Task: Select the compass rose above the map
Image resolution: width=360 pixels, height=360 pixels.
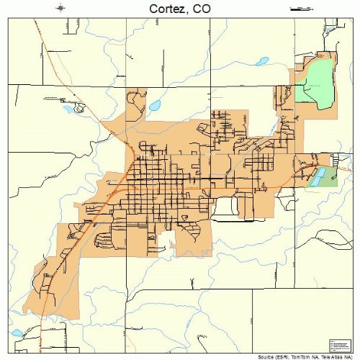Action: [60, 8]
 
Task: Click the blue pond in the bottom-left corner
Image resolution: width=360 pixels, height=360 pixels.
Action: [17, 333]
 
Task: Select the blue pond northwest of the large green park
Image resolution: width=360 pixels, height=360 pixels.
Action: [262, 61]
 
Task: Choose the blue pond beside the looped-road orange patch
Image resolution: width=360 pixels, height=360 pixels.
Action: [153, 105]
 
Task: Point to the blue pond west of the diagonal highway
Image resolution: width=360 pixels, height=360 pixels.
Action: [71, 109]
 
